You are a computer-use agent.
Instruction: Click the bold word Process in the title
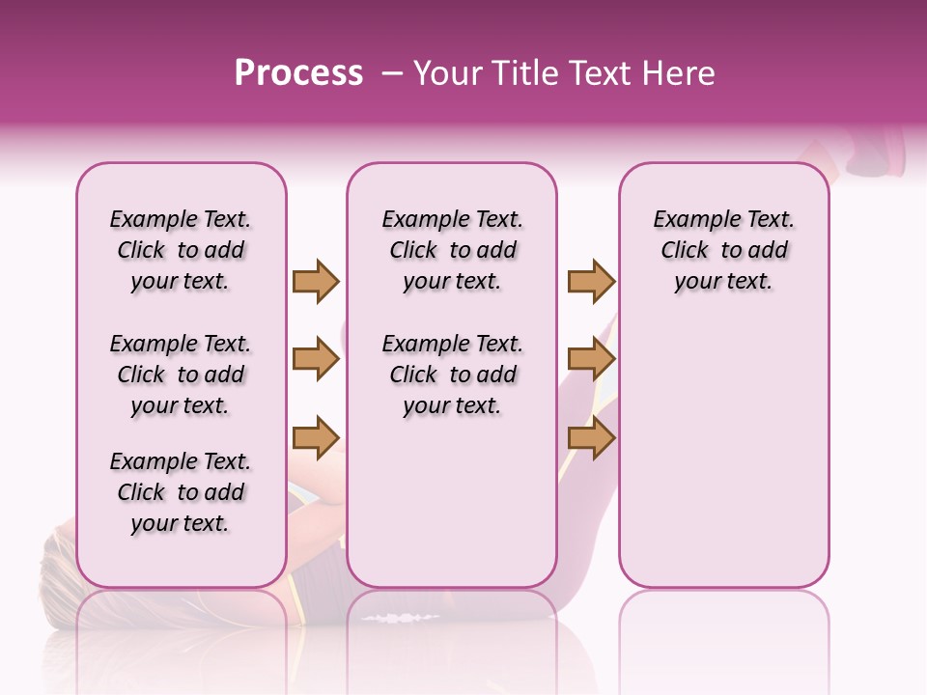pyautogui.click(x=298, y=73)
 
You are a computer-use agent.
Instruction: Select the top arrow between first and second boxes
pyautogui.click(x=316, y=281)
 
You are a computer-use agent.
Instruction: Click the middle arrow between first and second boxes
pyautogui.click(x=316, y=360)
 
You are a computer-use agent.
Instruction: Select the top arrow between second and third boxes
pyautogui.click(x=591, y=281)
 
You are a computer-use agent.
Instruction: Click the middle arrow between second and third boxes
pyautogui.click(x=591, y=360)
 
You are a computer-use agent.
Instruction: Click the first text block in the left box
pyautogui.click(x=181, y=250)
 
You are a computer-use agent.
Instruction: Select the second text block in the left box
pyautogui.click(x=181, y=375)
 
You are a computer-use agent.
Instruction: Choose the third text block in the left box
pyautogui.click(x=181, y=492)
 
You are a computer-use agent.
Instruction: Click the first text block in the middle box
pyautogui.click(x=452, y=250)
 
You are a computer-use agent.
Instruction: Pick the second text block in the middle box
pyautogui.click(x=452, y=375)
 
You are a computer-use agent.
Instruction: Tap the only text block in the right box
pyautogui.click(x=723, y=250)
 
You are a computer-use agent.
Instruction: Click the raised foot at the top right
pyautogui.click(x=874, y=154)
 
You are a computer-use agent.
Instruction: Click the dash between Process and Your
pyautogui.click(x=388, y=73)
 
